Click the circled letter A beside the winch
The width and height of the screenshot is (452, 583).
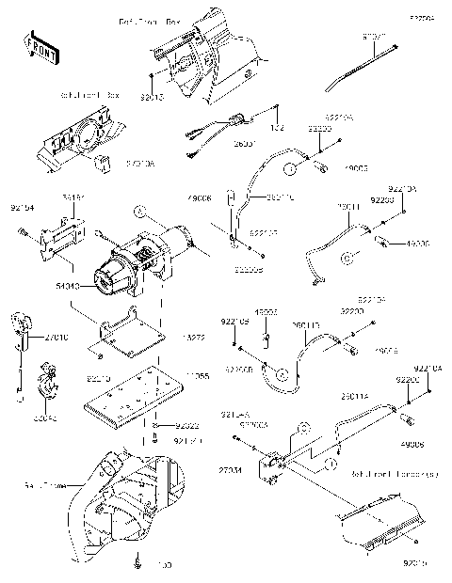click(x=140, y=213)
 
